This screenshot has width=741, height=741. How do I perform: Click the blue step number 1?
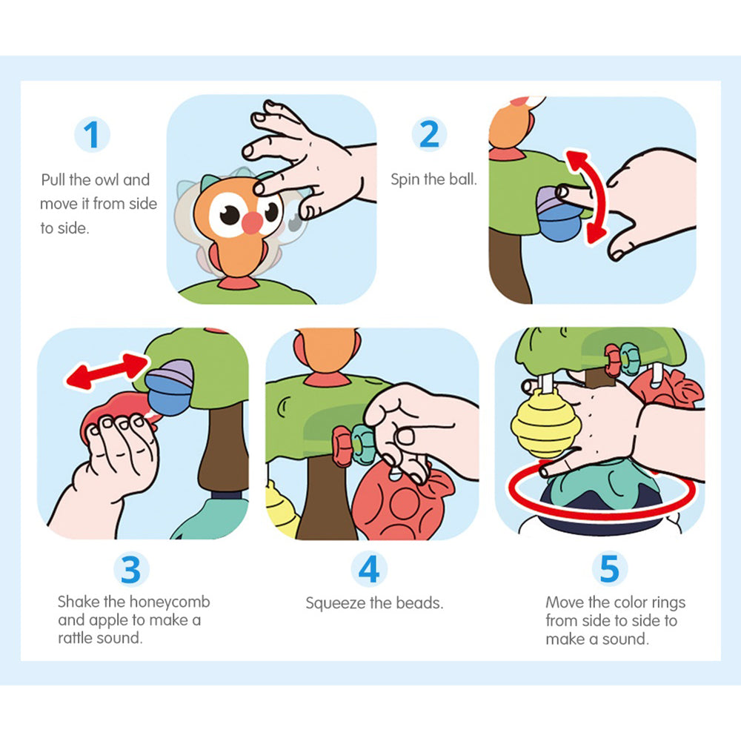(92, 135)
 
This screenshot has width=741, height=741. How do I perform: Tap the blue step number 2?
(429, 134)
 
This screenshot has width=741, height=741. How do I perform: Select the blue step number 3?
(131, 569)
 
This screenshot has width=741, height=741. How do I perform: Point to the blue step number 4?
(369, 569)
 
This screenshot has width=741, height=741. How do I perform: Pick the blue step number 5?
(610, 568)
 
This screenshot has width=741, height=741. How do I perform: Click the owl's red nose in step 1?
(253, 223)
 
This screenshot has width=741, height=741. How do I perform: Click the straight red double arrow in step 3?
(107, 371)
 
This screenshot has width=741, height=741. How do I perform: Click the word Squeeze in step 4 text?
(336, 603)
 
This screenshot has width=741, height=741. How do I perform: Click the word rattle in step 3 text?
(75, 639)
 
